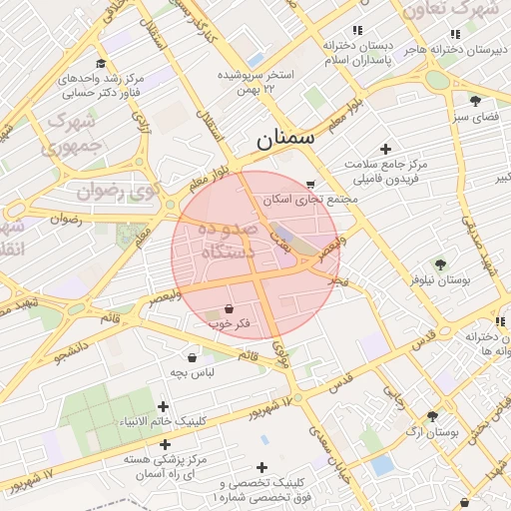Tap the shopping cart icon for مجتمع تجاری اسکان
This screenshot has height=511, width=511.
(x=311, y=184)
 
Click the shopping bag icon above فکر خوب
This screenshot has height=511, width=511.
(x=231, y=308)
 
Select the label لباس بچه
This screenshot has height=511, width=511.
(x=190, y=372)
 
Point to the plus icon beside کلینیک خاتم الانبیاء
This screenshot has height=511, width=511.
(x=164, y=406)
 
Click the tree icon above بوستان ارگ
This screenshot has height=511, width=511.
(x=432, y=416)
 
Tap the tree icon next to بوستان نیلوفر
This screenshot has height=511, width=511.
(x=440, y=264)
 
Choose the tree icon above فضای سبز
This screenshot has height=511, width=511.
(x=475, y=100)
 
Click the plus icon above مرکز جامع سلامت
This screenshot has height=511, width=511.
(x=386, y=149)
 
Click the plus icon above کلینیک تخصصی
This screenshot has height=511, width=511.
(x=261, y=466)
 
